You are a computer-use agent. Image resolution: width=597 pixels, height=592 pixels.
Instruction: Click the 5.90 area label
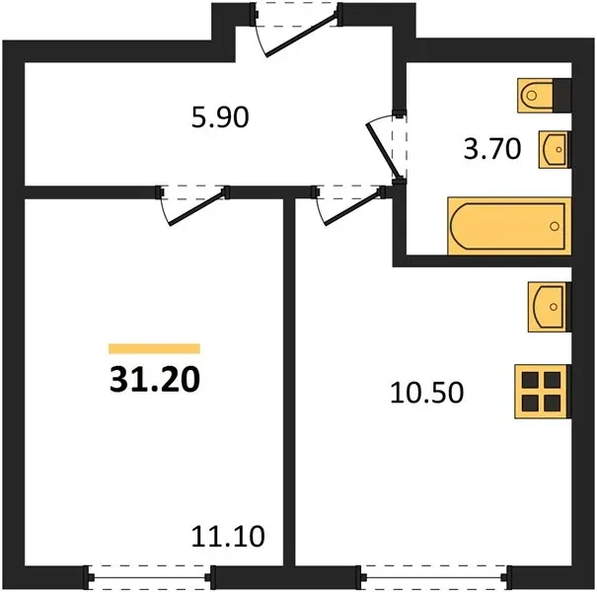click(x=220, y=117)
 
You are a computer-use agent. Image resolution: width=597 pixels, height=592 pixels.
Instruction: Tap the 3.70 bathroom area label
click(x=492, y=149)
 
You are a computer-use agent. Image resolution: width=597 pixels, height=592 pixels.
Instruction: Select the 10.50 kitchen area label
click(x=427, y=393)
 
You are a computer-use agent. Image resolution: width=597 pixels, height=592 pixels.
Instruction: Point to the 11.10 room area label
click(x=228, y=537)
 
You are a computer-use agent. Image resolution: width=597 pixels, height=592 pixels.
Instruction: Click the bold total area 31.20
click(x=155, y=380)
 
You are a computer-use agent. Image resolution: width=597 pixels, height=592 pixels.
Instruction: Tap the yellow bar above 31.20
click(x=154, y=348)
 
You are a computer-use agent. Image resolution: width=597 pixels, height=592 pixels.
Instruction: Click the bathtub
click(x=509, y=226)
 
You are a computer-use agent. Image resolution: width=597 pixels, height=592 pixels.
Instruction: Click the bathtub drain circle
click(x=555, y=227)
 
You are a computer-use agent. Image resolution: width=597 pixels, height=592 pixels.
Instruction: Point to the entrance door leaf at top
click(x=301, y=35)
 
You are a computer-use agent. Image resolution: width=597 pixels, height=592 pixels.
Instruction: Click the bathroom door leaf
click(x=382, y=152)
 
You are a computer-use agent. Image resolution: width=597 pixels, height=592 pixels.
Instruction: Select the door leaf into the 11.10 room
click(x=196, y=208)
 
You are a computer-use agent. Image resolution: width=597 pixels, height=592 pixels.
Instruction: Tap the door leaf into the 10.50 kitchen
click(x=353, y=208)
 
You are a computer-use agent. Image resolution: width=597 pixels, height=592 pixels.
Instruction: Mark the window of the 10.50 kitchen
click(x=433, y=577)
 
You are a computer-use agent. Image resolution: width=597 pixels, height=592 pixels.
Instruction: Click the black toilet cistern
click(x=562, y=96)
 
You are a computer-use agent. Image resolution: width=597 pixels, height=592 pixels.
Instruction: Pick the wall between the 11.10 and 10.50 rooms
click(x=289, y=382)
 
